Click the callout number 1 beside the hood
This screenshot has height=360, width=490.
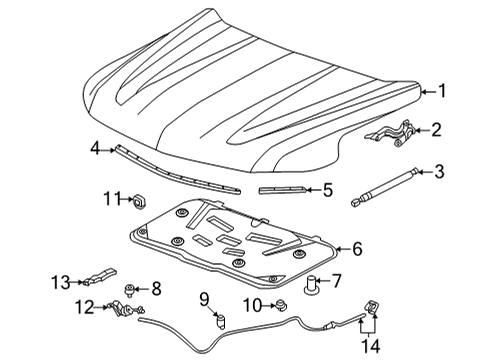[443, 90]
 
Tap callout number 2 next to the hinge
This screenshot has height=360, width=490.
[437, 129]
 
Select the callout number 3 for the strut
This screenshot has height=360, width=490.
[439, 172]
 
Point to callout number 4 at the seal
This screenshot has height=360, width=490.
[95, 148]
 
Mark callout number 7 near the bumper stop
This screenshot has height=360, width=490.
[336, 281]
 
